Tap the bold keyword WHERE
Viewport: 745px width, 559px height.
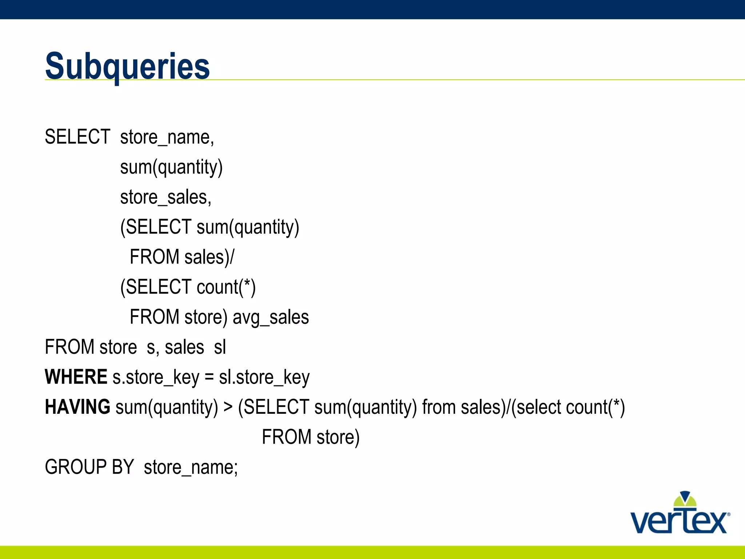[x=76, y=377]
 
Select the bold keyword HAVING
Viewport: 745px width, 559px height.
[x=77, y=407]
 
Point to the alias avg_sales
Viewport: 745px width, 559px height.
[x=271, y=317]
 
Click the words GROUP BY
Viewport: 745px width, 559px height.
[x=89, y=467]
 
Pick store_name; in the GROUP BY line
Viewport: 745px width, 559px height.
[x=191, y=467]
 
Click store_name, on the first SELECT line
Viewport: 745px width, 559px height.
[x=167, y=137]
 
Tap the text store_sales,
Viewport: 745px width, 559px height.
[x=166, y=197]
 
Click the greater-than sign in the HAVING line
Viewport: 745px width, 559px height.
[x=228, y=407]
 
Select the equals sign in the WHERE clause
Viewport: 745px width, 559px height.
[x=209, y=377]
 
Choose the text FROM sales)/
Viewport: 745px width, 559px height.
[x=182, y=257]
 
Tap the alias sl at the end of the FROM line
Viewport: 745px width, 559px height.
[x=220, y=347]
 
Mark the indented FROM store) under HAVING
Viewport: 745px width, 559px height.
[x=310, y=437]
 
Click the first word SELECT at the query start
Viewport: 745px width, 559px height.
[x=77, y=137]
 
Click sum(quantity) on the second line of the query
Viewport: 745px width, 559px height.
[x=171, y=167]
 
